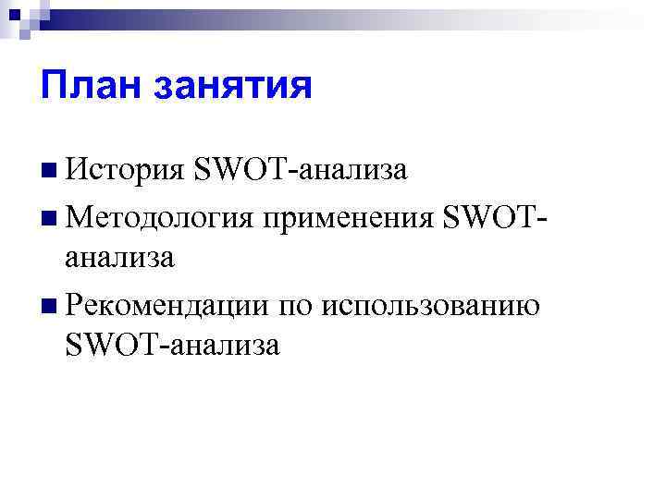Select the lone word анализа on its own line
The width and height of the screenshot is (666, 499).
tap(119, 258)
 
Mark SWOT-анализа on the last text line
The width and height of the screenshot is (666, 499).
tap(173, 346)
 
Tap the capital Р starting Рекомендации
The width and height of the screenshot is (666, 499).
tap(75, 303)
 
